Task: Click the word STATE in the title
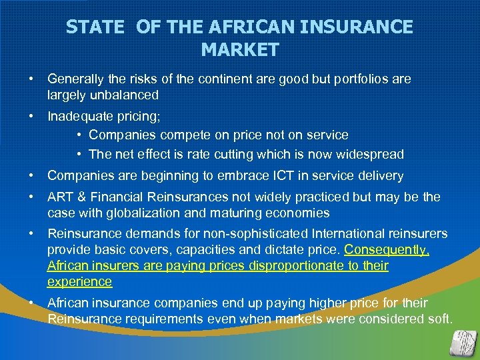tap(95, 27)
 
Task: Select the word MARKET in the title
tap(239, 50)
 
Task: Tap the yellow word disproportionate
tap(297, 266)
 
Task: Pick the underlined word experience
tap(79, 281)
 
